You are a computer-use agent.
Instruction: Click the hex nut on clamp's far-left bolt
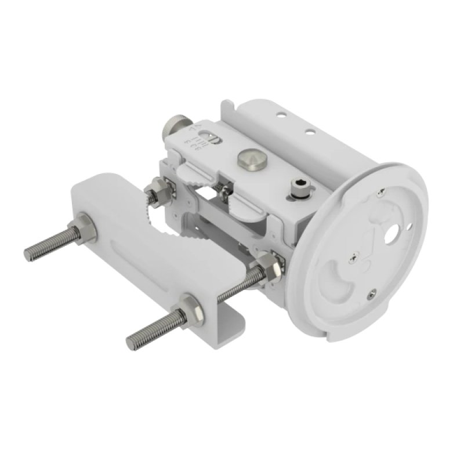pos(86,231)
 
